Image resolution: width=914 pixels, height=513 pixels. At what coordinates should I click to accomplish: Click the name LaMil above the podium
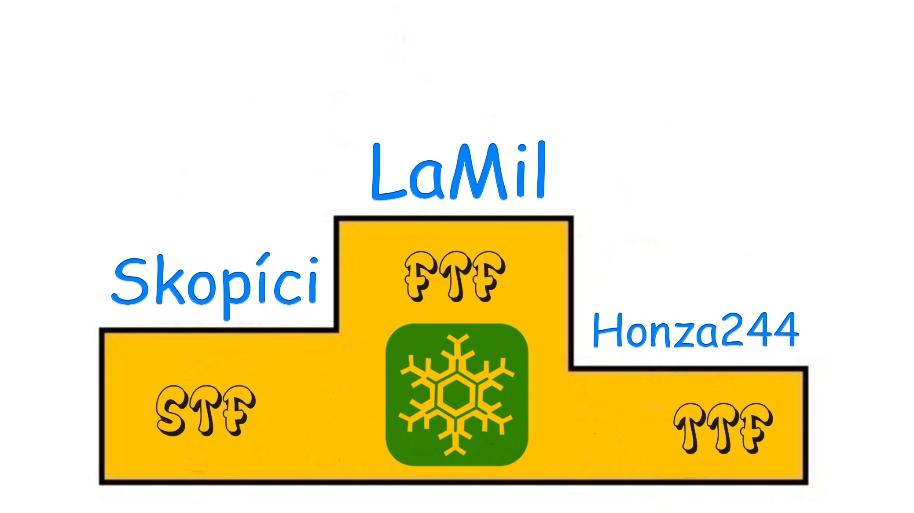(459, 172)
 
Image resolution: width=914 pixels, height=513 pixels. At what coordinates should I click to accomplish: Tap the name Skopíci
(215, 284)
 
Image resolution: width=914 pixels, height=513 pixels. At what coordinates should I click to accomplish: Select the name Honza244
(696, 330)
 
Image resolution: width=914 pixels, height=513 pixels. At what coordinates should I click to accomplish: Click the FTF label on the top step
(455, 277)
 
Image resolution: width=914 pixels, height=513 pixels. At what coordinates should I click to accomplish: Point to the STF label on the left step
(206, 410)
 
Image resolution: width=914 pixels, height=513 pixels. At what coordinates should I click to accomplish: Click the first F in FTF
(418, 277)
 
